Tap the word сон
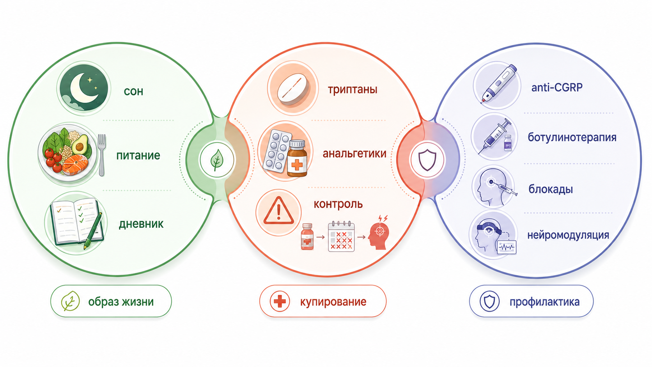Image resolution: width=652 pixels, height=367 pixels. click(134, 91)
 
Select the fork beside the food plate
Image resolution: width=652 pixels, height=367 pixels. click(101, 155)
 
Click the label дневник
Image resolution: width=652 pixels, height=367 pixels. click(141, 224)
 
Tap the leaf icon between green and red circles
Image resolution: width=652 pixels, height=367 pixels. click(217, 160)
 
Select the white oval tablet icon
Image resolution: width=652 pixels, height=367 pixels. click(293, 89)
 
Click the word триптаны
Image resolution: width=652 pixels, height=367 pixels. click(353, 89)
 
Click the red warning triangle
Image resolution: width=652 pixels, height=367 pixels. click(278, 211)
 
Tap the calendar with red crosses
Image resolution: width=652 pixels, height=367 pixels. click(341, 236)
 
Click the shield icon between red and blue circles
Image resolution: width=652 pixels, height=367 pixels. click(427, 160)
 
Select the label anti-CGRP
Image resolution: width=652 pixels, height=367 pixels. click(557, 87)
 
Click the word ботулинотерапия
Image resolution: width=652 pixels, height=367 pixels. click(572, 137)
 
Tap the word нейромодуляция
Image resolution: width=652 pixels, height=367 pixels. click(568, 235)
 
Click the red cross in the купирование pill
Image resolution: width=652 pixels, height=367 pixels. click(280, 301)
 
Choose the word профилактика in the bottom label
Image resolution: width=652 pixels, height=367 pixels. click(544, 302)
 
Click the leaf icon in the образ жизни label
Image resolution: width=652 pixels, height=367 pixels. click(70, 301)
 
